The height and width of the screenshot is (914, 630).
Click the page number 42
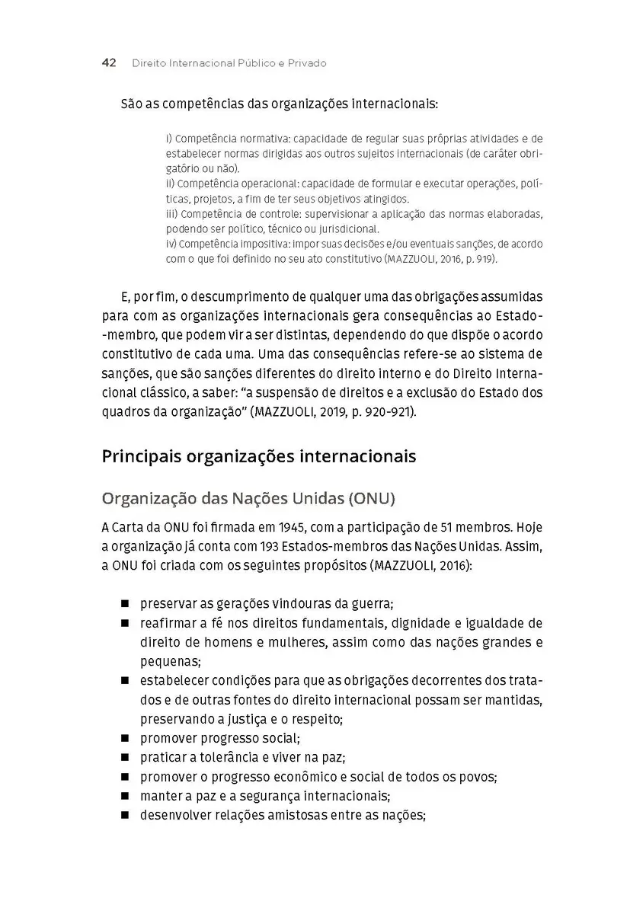point(108,63)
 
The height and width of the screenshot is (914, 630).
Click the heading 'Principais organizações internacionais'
point(259,457)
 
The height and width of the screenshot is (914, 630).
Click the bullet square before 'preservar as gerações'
point(124,604)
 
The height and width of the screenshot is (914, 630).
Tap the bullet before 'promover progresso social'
point(124,738)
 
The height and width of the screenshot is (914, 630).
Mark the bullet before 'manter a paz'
point(124,796)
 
